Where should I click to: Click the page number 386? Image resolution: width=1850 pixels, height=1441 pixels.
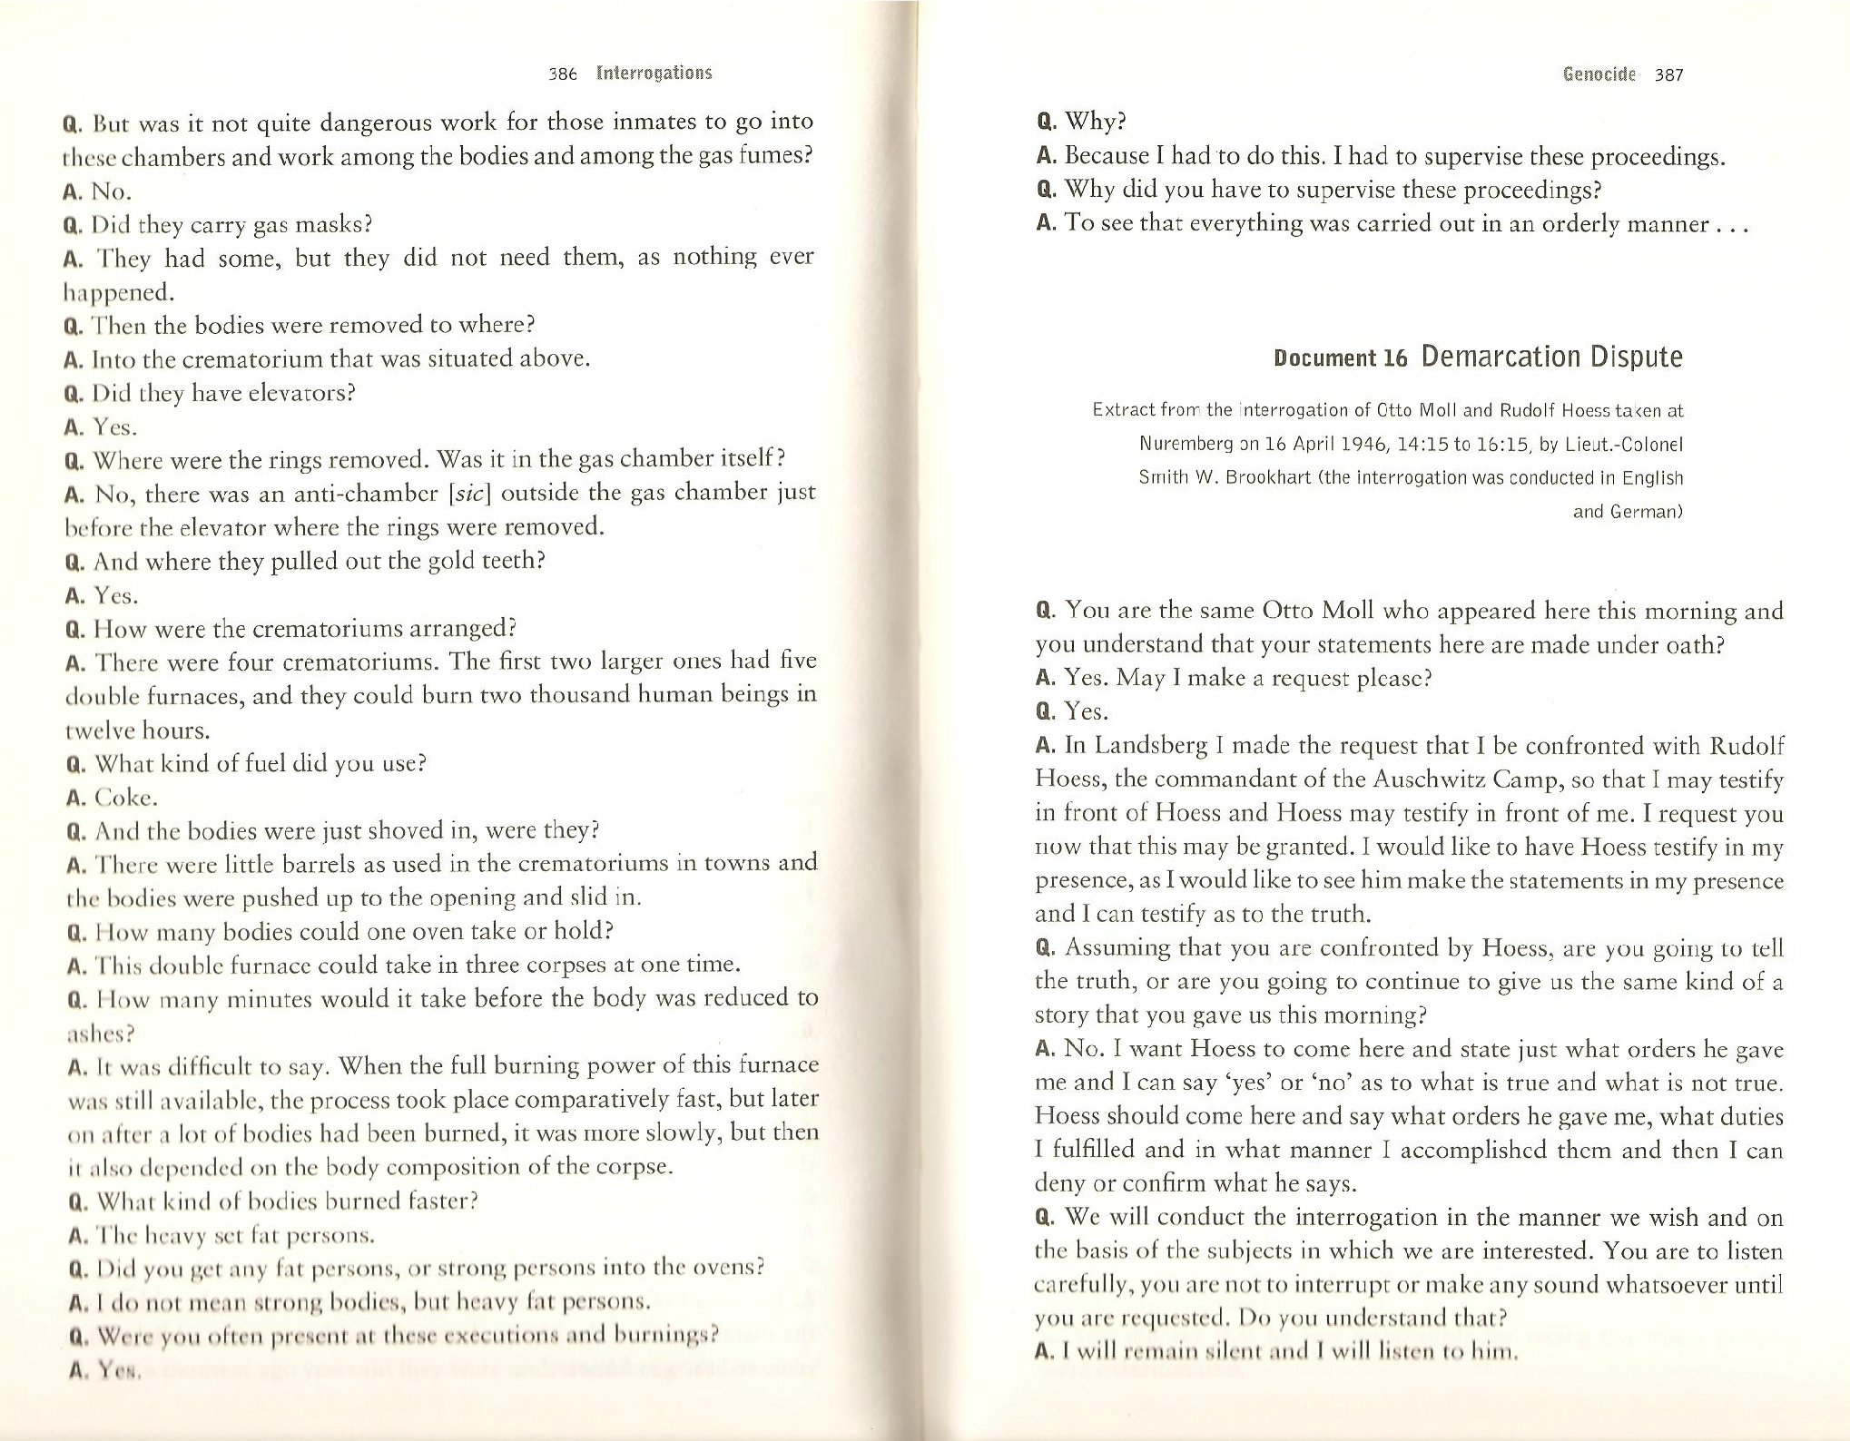[x=563, y=74]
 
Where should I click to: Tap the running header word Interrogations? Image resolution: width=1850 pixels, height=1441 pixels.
[x=654, y=74]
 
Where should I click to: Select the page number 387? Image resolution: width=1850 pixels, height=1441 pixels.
[x=1668, y=75]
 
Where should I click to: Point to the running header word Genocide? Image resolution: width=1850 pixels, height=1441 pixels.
[x=1599, y=74]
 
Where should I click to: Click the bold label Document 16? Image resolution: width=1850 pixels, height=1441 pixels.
[x=1340, y=358]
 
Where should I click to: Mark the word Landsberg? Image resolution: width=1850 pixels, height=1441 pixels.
[x=1150, y=746]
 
